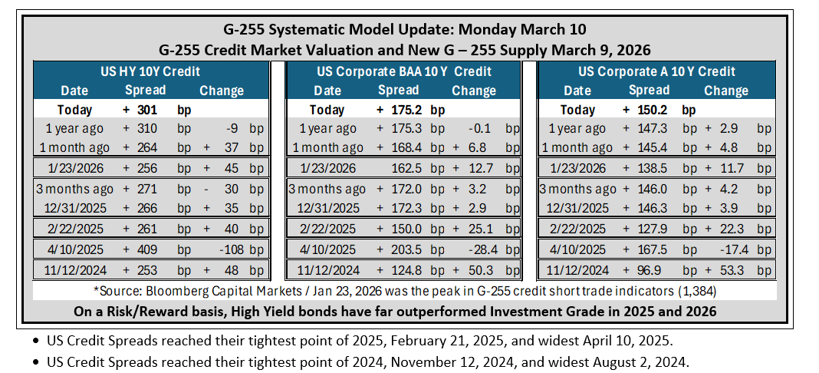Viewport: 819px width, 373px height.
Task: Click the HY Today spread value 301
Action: click(x=148, y=110)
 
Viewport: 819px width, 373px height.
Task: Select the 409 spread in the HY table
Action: click(x=148, y=249)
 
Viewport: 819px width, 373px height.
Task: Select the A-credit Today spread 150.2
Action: click(x=653, y=110)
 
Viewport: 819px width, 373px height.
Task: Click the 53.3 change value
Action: click(x=726, y=270)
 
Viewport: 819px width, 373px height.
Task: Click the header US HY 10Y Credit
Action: click(x=150, y=71)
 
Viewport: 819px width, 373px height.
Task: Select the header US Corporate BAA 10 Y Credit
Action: click(x=404, y=71)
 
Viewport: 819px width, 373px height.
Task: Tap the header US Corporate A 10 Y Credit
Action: click(x=656, y=71)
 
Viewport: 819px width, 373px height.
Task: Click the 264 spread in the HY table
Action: click(x=148, y=147)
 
